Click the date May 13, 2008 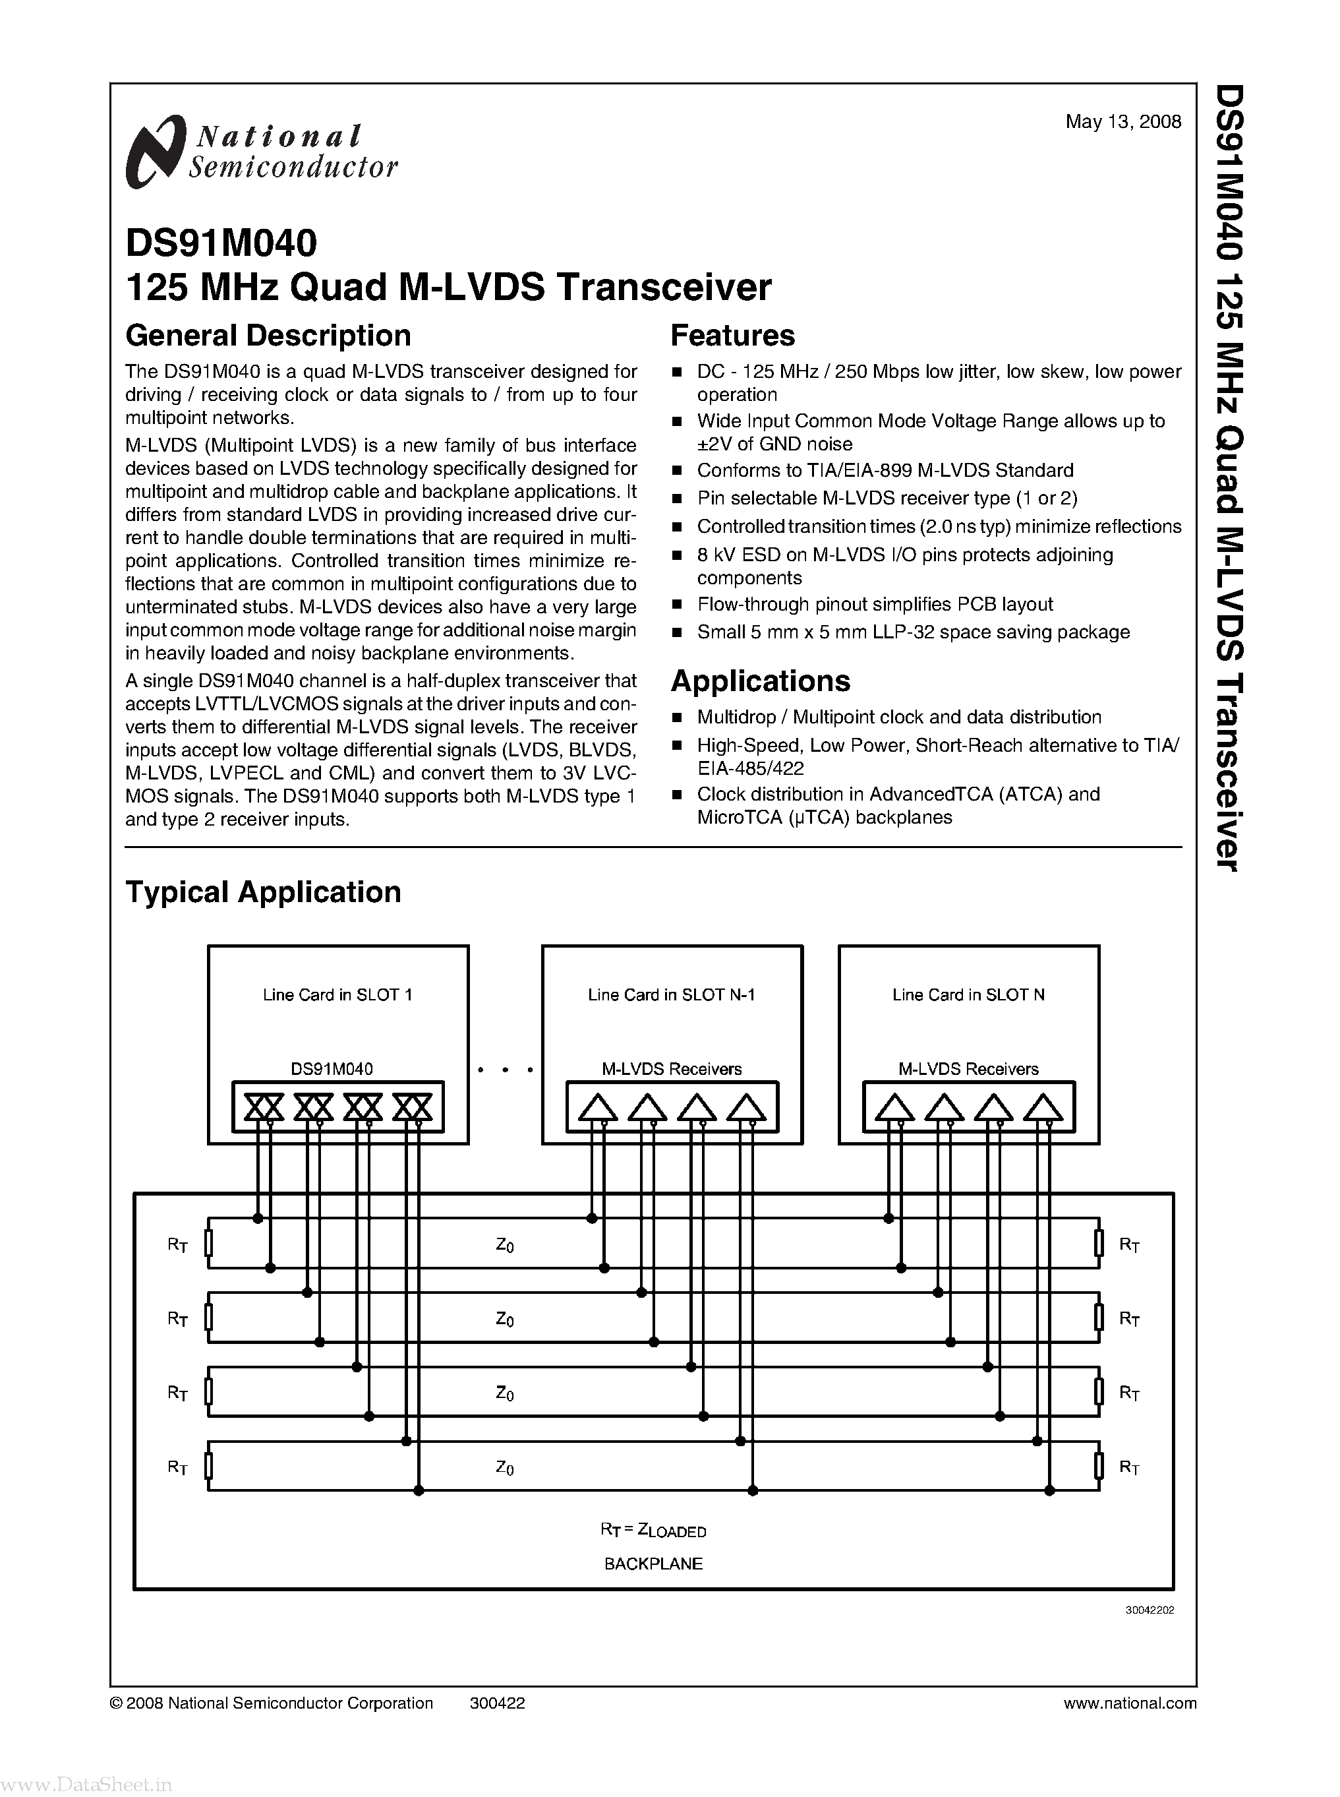point(1122,122)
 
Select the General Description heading point(268,335)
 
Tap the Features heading point(732,335)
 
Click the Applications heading point(760,680)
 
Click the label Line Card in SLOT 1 point(337,995)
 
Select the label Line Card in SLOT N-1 point(672,995)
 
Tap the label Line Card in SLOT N point(968,995)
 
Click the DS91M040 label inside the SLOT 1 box point(332,1069)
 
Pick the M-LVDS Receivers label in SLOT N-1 point(672,1069)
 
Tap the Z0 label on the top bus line point(504,1245)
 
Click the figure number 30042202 point(1150,1610)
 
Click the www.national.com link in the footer point(1130,1703)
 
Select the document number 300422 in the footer point(497,1703)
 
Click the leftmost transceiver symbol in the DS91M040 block point(264,1107)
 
